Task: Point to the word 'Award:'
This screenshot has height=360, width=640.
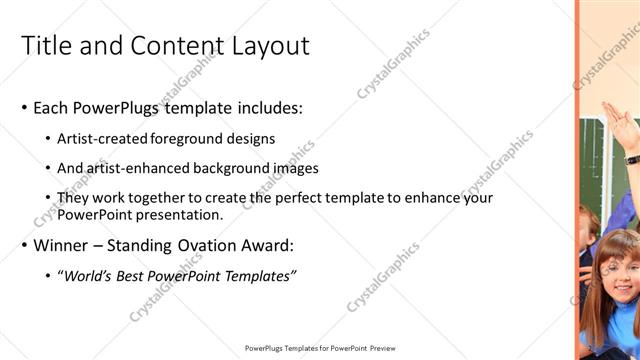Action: (267, 245)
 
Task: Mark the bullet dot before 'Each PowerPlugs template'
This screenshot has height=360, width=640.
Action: (24, 108)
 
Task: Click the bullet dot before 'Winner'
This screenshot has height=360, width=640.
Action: (24, 246)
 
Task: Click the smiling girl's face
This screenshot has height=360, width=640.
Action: (620, 270)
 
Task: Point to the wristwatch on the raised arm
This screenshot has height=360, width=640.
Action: (631, 157)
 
